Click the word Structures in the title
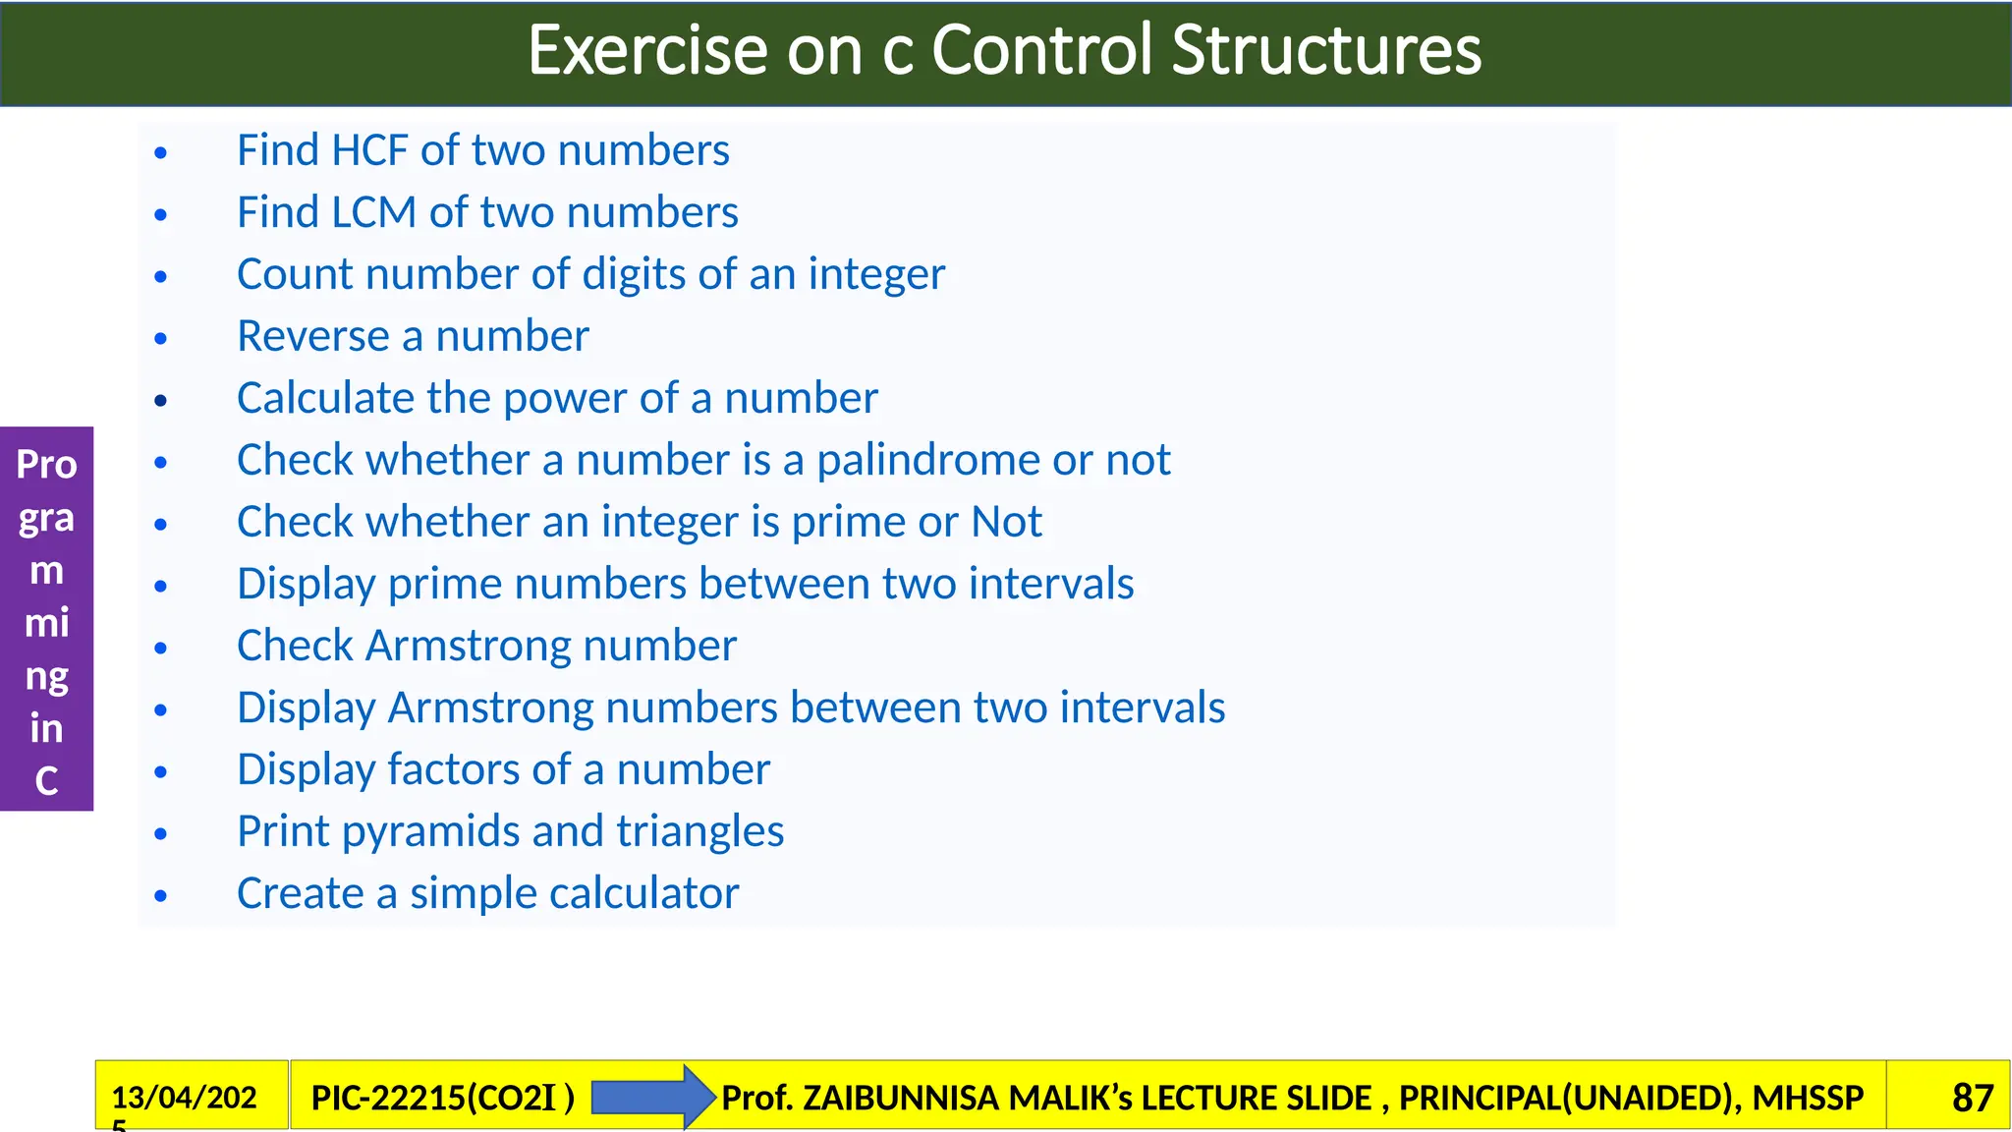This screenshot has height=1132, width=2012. click(1326, 51)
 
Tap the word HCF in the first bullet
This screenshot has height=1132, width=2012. click(369, 151)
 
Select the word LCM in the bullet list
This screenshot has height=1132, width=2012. click(374, 213)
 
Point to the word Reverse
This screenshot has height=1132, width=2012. click(313, 337)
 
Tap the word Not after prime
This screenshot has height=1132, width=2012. click(1006, 523)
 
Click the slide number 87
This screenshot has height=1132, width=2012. click(1972, 1098)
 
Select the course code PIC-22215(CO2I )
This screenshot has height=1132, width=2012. click(442, 1098)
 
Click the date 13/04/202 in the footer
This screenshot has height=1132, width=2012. click(184, 1098)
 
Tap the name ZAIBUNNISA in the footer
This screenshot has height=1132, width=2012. click(940, 1098)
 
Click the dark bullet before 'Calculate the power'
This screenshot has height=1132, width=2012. click(161, 401)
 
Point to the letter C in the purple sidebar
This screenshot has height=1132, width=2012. click(46, 781)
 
